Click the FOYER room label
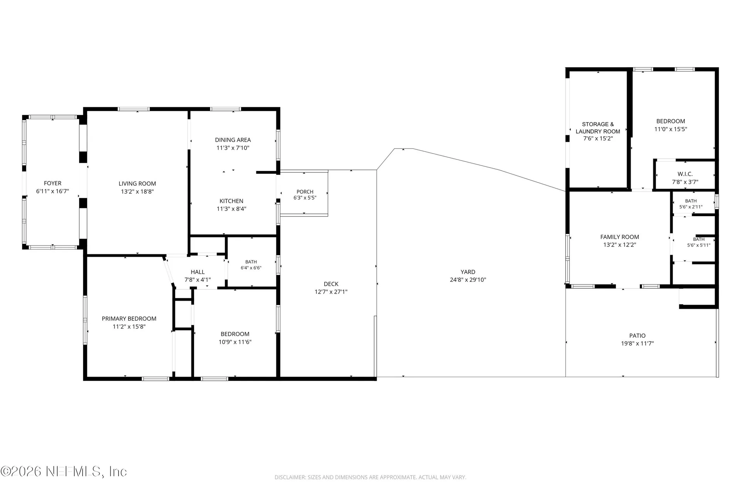[52, 183]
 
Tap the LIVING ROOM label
[137, 184]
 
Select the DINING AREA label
[233, 140]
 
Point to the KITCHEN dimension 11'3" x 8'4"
[232, 209]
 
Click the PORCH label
[305, 192]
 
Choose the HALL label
[198, 272]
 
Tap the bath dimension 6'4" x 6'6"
[251, 268]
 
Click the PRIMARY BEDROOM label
[129, 318]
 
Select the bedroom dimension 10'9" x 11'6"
[235, 342]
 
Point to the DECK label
[331, 284]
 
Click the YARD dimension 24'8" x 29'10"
[468, 280]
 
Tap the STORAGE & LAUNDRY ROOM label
[598, 128]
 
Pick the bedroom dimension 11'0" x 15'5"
[671, 129]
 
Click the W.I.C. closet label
[685, 174]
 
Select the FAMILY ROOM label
[620, 237]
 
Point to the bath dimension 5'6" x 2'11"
[691, 207]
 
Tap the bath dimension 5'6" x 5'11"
[699, 245]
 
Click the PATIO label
[638, 336]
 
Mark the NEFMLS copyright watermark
[64, 472]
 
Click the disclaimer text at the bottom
[370, 477]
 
